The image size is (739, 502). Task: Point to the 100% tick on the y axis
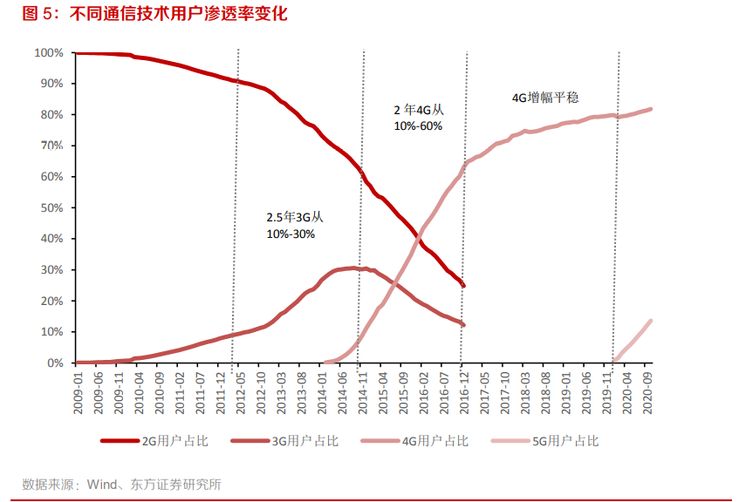[49, 53]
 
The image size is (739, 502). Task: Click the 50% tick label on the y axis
[51, 208]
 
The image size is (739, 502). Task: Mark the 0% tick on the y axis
[55, 363]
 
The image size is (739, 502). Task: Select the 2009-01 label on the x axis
[77, 393]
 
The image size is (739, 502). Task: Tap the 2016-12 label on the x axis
[463, 393]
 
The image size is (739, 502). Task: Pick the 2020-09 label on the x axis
[647, 393]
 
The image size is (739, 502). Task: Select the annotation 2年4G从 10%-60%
[419, 118]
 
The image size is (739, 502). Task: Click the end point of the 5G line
[651, 321]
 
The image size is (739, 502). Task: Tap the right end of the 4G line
[651, 109]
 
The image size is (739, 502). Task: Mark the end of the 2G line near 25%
[463, 286]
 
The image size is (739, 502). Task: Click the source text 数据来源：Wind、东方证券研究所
[121, 484]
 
